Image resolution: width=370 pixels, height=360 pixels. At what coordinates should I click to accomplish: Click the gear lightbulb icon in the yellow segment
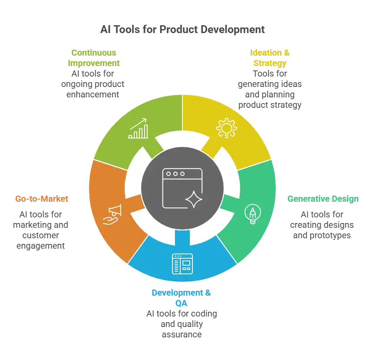pyautogui.click(x=226, y=128)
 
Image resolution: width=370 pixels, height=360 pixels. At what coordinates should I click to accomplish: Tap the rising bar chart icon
pyautogui.click(x=138, y=128)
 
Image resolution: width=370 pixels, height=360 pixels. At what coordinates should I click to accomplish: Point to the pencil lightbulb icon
pyautogui.click(x=252, y=214)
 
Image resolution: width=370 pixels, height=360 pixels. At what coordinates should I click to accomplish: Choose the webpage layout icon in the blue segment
pyautogui.click(x=182, y=263)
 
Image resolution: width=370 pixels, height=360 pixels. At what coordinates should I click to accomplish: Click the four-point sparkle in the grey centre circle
pyautogui.click(x=194, y=200)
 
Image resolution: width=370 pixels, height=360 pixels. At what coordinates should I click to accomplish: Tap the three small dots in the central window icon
pyautogui.click(x=175, y=174)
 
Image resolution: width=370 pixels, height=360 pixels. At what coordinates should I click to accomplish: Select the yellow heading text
pyautogui.click(x=270, y=58)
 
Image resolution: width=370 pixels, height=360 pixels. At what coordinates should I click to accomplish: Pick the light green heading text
pyautogui.click(x=94, y=57)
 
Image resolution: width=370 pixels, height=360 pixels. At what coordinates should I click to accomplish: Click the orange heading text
pyautogui.click(x=42, y=199)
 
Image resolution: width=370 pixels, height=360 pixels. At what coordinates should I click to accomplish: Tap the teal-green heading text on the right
pyautogui.click(x=323, y=199)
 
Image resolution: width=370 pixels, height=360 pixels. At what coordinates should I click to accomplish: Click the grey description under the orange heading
pyautogui.click(x=42, y=230)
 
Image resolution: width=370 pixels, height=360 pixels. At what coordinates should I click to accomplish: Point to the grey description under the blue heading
pyautogui.click(x=182, y=323)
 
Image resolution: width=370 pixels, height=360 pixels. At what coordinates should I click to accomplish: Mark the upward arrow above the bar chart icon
pyautogui.click(x=140, y=121)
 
